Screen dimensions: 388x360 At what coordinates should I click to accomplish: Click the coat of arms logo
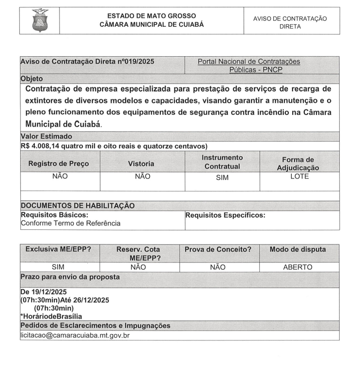[x=40, y=20]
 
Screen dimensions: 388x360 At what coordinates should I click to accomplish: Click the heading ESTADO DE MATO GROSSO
[x=152, y=16]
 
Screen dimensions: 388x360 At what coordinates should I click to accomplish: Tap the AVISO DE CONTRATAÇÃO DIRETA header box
[x=290, y=22]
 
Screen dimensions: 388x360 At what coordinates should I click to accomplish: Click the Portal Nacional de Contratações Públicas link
[x=249, y=65]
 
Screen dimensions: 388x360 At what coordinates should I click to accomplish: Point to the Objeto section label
[x=32, y=78]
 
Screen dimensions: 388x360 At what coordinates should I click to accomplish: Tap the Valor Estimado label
[x=47, y=136]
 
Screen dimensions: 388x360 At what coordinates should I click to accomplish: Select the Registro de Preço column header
[x=59, y=163]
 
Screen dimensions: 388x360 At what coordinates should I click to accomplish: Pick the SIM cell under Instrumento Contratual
[x=222, y=178]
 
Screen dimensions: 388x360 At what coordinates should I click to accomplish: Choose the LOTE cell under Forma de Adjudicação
[x=298, y=176]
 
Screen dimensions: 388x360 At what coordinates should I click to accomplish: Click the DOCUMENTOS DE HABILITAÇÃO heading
[x=78, y=206]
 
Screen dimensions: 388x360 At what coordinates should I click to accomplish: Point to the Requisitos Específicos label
[x=225, y=215]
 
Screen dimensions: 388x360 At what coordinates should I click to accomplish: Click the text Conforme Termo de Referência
[x=71, y=223]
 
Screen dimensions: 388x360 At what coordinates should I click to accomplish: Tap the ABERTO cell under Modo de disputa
[x=297, y=267]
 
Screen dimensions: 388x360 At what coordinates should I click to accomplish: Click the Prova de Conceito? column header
[x=218, y=249]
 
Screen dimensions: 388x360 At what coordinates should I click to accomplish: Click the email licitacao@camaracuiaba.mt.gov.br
[x=75, y=335]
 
